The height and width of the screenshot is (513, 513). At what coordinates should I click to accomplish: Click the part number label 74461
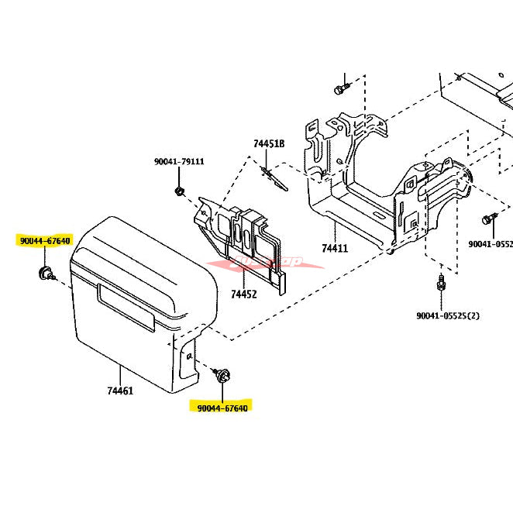point(120,391)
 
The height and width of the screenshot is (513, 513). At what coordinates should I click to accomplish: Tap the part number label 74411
point(335,249)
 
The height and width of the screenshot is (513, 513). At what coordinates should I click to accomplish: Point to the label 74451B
point(269,143)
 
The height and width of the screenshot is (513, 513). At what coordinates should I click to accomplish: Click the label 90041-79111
point(179,162)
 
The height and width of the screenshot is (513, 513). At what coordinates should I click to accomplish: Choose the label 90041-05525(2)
point(448,315)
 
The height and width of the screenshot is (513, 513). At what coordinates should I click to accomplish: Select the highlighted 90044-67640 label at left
point(45,241)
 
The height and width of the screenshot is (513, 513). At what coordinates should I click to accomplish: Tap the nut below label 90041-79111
point(179,190)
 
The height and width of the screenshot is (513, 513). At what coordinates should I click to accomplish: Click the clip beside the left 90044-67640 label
point(46,272)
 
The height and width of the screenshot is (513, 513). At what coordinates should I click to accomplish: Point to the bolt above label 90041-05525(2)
point(441,283)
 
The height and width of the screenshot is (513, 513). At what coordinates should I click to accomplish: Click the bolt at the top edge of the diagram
point(339,89)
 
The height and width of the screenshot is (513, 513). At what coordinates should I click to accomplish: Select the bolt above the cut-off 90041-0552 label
point(488,219)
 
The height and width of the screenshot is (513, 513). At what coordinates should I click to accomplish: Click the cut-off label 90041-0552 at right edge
point(491,243)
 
